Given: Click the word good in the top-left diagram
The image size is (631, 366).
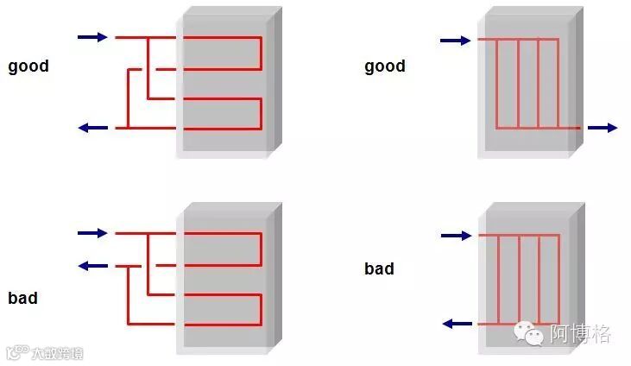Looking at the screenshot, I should [28, 66].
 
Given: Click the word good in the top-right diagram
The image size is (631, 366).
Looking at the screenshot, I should [385, 66].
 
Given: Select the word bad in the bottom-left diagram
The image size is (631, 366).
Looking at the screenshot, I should [22, 298].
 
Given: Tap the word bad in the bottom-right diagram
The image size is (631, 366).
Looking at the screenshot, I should [379, 268].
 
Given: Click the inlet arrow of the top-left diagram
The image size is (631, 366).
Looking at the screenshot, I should [92, 37].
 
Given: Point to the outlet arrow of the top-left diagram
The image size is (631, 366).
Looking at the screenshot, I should [92, 128].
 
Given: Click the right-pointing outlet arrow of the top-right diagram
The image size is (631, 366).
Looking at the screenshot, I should [603, 128].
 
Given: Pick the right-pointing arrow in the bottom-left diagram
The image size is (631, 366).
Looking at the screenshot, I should [92, 233].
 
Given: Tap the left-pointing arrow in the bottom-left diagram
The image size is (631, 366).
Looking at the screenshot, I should [92, 265].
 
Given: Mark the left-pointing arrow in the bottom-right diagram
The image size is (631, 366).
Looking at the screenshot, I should [457, 324].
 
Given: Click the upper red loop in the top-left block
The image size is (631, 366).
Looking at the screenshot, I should [219, 53].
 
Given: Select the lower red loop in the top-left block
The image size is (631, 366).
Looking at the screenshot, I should [219, 114].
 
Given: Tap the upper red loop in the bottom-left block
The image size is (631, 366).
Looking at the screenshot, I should [219, 249].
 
